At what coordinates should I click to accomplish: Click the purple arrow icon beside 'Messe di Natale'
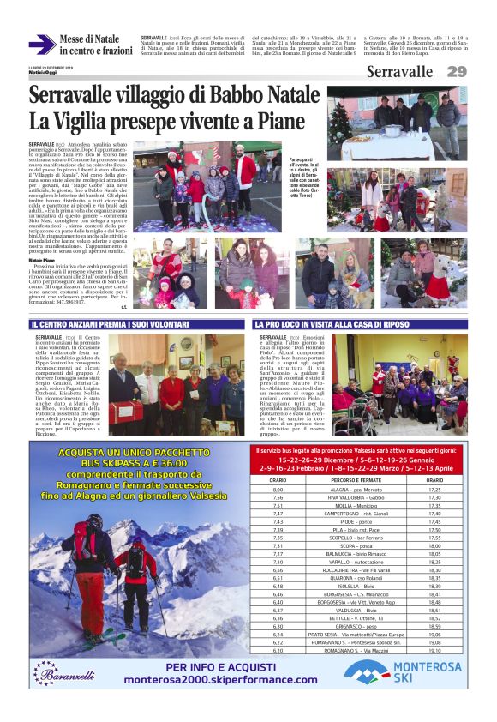(x=41, y=45)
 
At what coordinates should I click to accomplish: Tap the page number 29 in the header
(x=456, y=72)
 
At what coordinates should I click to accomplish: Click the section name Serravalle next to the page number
(x=399, y=72)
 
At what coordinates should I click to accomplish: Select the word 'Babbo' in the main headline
(x=235, y=97)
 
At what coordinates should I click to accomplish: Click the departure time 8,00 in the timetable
(x=278, y=490)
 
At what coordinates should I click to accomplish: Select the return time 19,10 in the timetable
(x=434, y=651)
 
